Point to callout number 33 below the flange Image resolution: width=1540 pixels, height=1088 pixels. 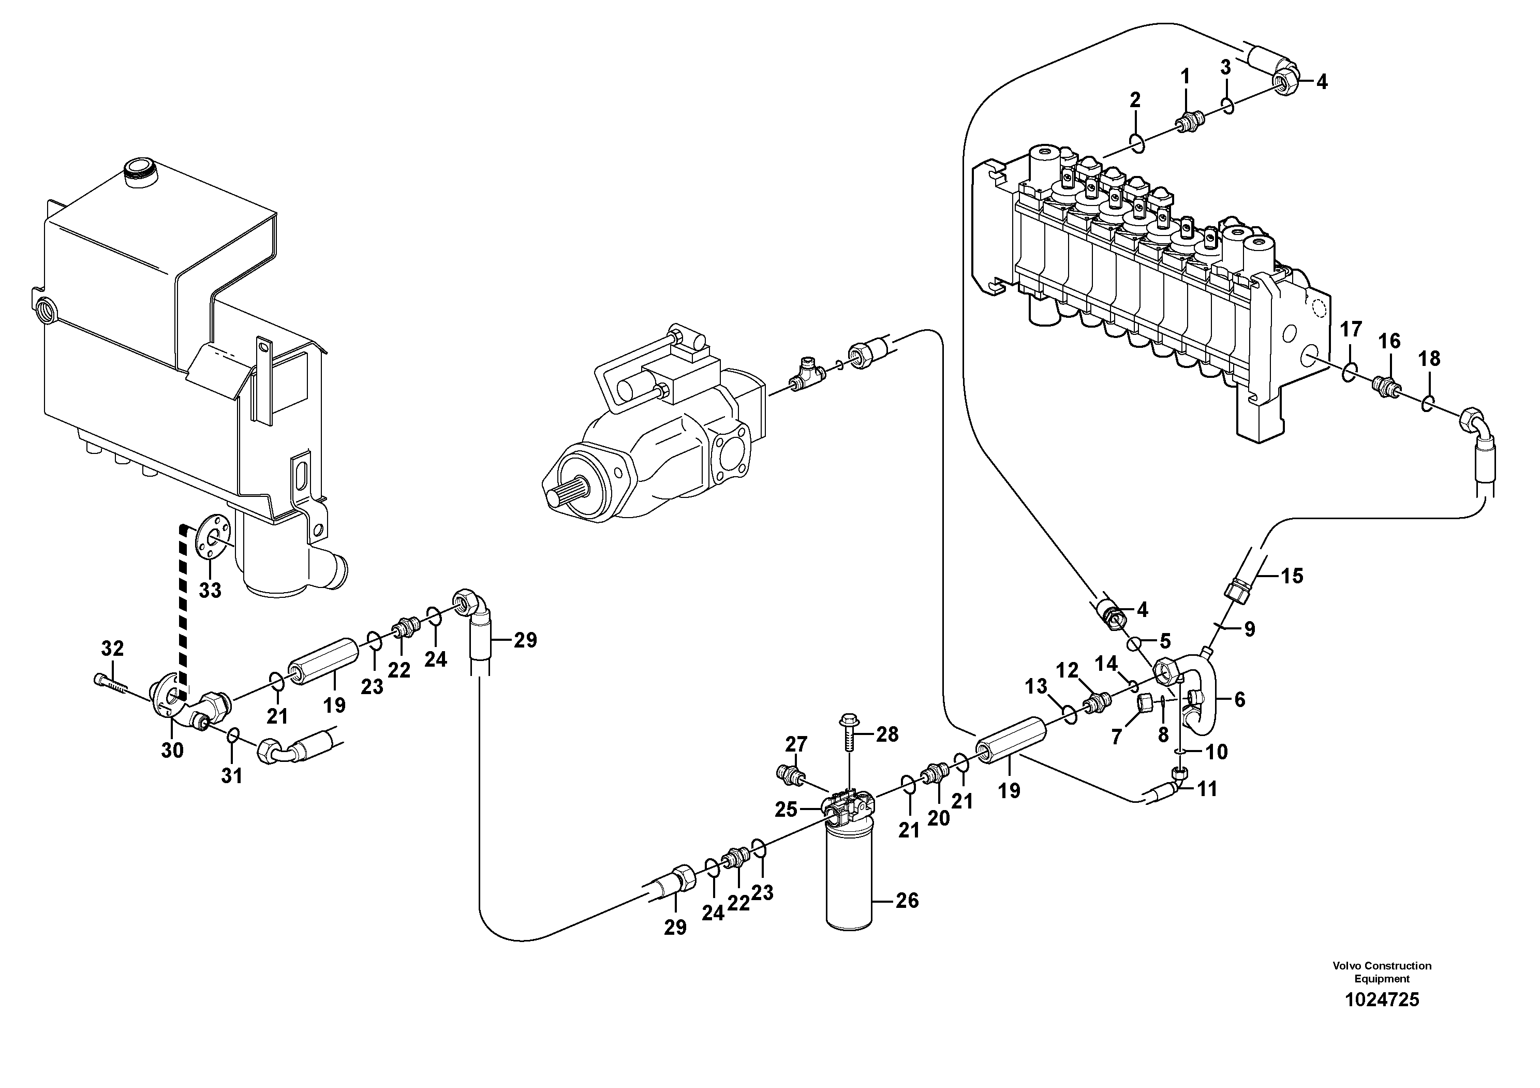point(210,590)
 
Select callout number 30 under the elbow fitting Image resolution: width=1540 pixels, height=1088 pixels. point(172,751)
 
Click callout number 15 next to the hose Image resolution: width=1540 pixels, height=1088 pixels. point(1291,576)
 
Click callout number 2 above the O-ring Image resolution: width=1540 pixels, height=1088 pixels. point(1135,100)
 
